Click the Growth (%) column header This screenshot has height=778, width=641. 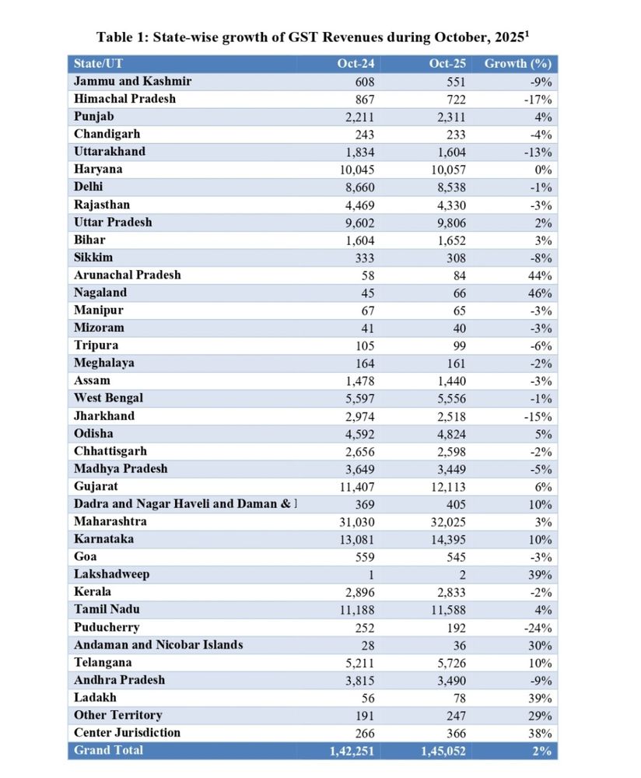(517, 64)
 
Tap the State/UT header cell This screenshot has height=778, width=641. (99, 64)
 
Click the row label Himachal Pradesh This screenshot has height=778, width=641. (124, 99)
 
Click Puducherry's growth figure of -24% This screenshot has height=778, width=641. (538, 627)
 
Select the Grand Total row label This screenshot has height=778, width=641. (108, 750)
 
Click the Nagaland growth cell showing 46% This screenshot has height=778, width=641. (541, 293)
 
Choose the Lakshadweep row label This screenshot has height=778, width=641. (111, 574)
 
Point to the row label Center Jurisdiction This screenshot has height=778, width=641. (127, 732)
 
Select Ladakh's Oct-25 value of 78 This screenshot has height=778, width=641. (458, 697)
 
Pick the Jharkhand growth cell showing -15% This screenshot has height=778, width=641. (538, 415)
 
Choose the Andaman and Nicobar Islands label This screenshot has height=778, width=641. (159, 644)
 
